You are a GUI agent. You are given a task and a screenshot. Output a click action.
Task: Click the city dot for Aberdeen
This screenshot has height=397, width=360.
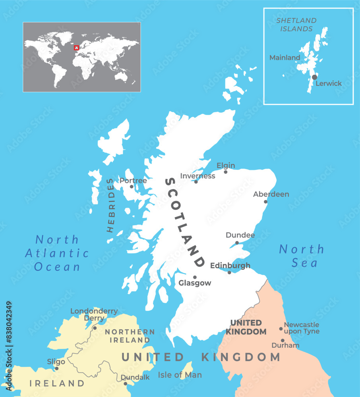265,202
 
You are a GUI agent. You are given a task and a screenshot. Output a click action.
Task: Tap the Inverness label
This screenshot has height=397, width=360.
197,176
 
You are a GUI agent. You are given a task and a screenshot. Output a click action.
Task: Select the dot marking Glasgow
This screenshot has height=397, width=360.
195,278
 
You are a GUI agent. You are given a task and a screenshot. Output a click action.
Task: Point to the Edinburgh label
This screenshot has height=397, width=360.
230,265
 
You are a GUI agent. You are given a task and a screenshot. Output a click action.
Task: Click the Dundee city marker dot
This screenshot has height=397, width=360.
237,243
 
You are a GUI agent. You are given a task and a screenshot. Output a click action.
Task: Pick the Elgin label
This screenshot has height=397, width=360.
226,166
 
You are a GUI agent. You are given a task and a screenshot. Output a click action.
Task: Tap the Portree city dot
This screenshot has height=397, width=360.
132,186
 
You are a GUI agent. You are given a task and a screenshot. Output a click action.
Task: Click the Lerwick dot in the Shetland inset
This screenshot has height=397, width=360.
314,77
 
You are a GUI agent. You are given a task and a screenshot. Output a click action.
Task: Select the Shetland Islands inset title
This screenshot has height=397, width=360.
296,24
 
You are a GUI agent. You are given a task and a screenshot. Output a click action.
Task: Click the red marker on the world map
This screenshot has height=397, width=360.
77,48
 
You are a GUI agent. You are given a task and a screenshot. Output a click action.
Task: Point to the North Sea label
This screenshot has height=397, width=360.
302,256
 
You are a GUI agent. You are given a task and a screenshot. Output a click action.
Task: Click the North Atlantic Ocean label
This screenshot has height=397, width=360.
57,253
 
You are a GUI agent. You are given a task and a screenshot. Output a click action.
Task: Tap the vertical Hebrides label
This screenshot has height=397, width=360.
111,205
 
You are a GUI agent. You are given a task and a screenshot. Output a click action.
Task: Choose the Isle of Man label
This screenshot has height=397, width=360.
180,375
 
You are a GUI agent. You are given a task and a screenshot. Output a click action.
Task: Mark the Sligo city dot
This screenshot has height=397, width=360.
56,368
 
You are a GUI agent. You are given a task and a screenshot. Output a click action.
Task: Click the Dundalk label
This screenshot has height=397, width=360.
135,377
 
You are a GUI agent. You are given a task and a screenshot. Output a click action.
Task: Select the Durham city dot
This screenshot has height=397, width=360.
283,340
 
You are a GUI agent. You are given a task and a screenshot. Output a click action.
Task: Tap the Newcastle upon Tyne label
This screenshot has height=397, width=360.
301,328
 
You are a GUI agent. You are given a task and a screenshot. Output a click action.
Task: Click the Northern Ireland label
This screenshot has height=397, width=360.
130,336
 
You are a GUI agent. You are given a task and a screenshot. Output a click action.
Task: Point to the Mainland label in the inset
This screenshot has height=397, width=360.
285,58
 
